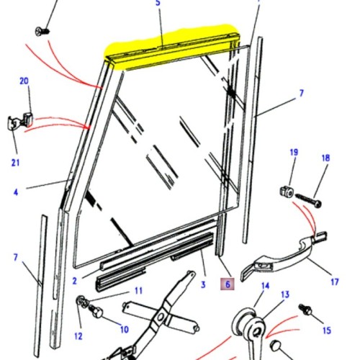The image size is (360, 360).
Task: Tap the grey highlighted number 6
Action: click(x=228, y=284)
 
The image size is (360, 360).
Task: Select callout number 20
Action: click(x=24, y=81)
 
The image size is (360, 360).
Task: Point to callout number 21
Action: click(x=15, y=163)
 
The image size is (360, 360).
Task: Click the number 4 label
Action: click(x=15, y=192)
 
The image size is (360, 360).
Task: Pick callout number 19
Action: click(x=293, y=153)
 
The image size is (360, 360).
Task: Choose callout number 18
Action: click(x=325, y=158)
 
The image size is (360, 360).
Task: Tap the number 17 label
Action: click(x=334, y=282)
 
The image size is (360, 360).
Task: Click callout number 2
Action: click(x=75, y=280)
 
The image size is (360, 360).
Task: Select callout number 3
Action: click(x=204, y=284)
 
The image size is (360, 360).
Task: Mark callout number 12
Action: click(x=77, y=336)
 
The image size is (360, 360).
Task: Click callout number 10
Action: click(x=124, y=329)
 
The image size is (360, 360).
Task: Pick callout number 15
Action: click(x=328, y=329)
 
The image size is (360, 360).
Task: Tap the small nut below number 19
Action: click(x=285, y=192)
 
